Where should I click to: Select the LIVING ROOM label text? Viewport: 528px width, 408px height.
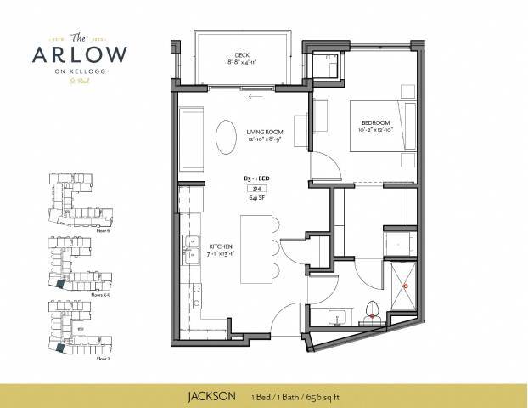(264, 133)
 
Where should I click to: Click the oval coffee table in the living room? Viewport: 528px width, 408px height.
(226, 138)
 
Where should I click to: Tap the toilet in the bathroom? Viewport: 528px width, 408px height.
(370, 310)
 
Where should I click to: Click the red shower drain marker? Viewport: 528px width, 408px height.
(405, 286)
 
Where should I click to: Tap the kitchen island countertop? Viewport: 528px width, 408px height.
(256, 251)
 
